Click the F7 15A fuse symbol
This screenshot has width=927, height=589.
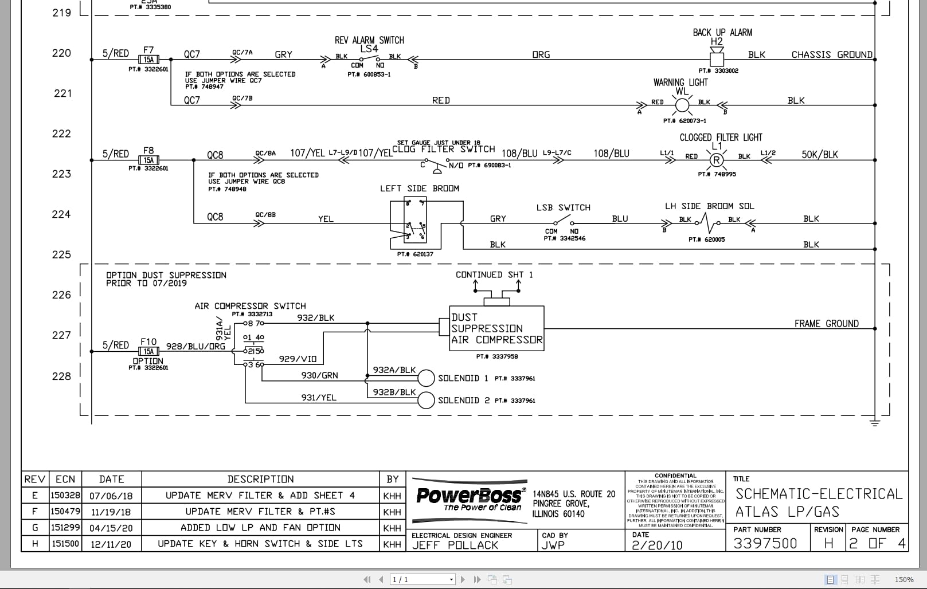pyautogui.click(x=148, y=59)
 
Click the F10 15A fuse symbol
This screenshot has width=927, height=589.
pyautogui.click(x=148, y=351)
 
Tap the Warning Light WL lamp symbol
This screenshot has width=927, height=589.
pyautogui.click(x=682, y=105)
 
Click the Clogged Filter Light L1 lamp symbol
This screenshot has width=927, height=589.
pyautogui.click(x=717, y=160)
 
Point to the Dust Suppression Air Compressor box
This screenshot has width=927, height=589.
pyautogui.click(x=496, y=328)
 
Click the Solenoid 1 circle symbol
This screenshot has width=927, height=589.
pyautogui.click(x=426, y=378)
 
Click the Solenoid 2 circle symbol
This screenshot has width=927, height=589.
pyautogui.click(x=426, y=400)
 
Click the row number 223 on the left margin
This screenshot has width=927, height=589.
pyautogui.click(x=61, y=174)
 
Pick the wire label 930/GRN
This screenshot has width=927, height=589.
pyautogui.click(x=319, y=376)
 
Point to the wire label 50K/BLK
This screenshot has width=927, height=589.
pyautogui.click(x=819, y=155)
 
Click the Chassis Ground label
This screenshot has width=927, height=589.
pyautogui.click(x=831, y=55)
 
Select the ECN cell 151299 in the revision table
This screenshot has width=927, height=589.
pyautogui.click(x=65, y=527)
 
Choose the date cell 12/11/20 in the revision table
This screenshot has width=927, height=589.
pyautogui.click(x=111, y=544)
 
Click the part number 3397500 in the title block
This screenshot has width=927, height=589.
pyautogui.click(x=765, y=543)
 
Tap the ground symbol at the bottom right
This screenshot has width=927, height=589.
pyautogui.click(x=875, y=423)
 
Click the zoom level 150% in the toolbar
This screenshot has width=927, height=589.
pyautogui.click(x=903, y=579)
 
